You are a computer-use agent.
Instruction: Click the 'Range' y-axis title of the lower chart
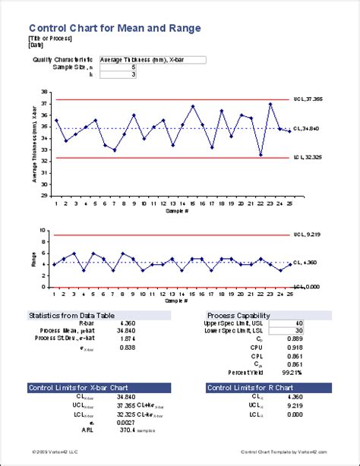click(33, 258)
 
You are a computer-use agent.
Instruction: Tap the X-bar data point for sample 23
click(271, 104)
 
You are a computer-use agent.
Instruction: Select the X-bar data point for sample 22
click(261, 155)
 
